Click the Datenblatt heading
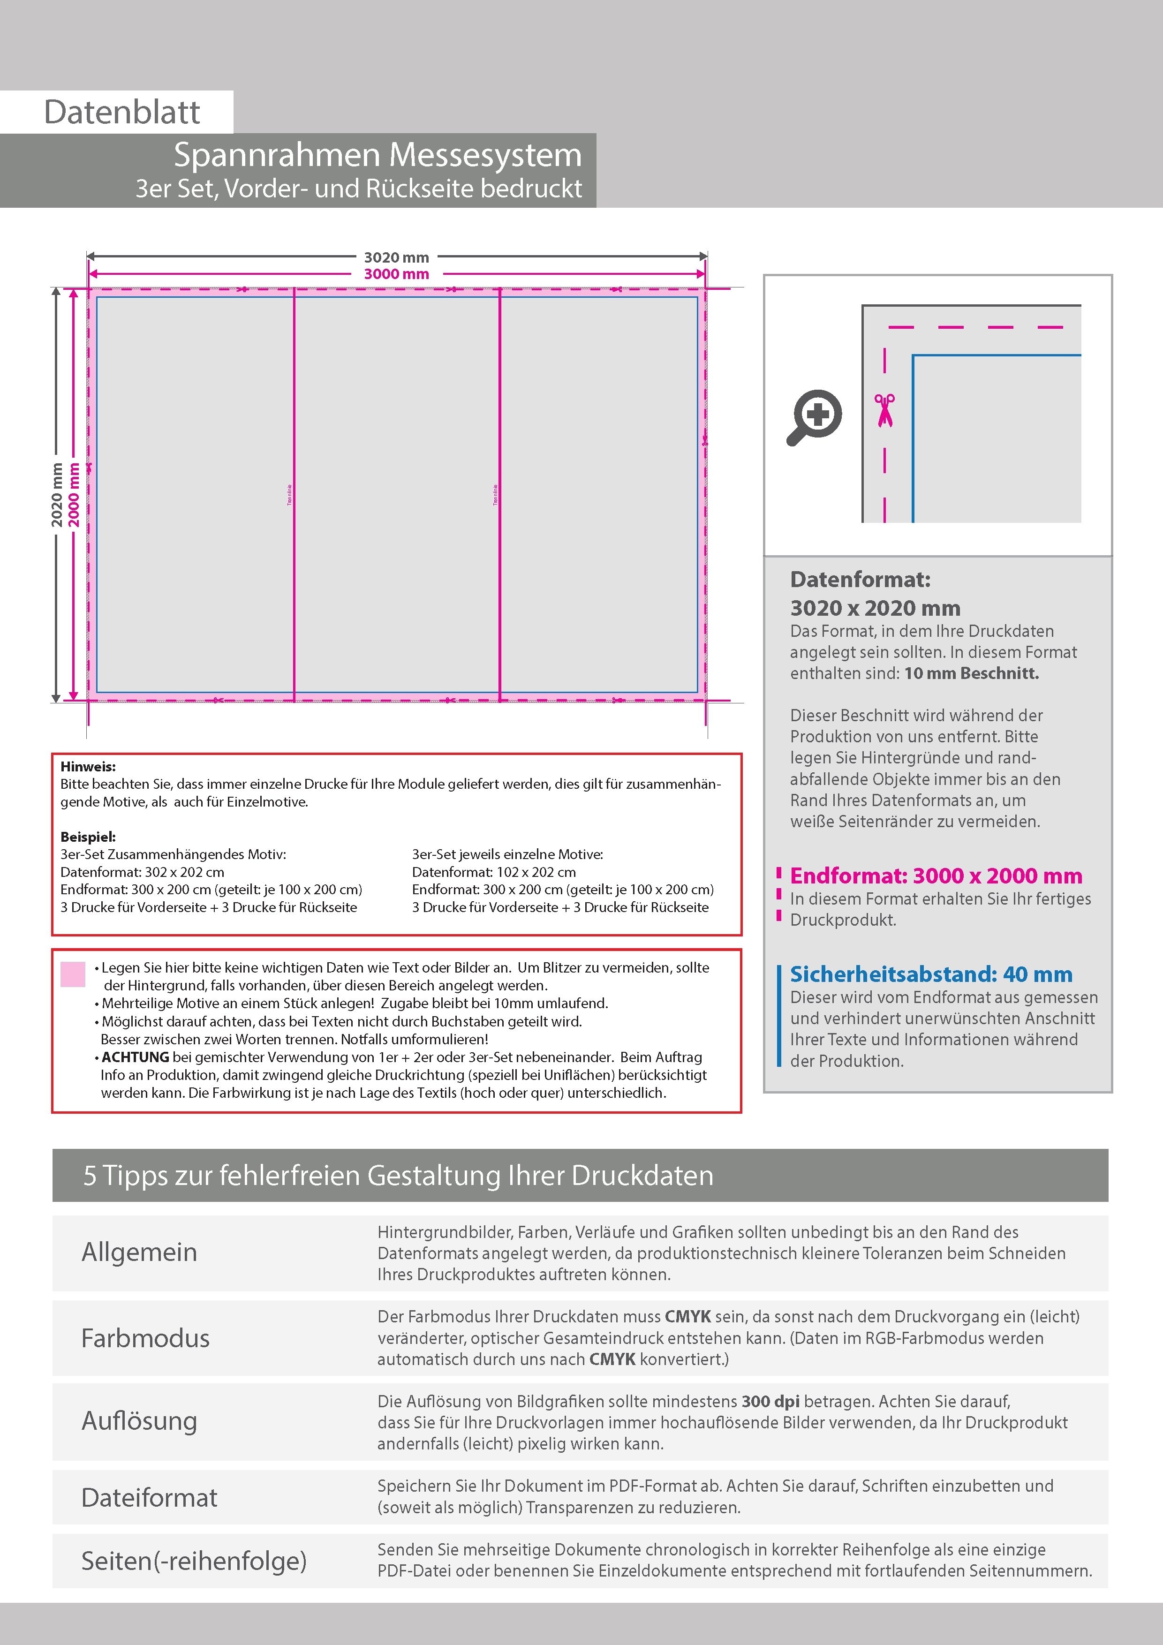122,112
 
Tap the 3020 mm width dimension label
396,257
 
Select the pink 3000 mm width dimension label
396,274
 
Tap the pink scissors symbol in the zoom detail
885,410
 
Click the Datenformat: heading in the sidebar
860,580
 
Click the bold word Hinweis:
87,767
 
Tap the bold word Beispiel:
87,837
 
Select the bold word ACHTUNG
136,1057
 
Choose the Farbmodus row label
145,1338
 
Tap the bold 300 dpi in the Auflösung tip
770,1402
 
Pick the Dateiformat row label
149,1497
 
